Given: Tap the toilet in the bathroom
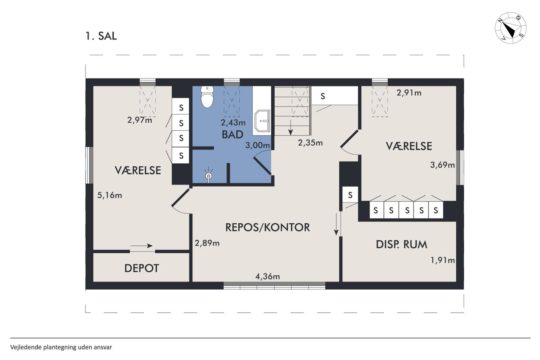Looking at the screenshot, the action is (207, 97).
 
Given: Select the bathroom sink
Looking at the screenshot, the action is (262, 121).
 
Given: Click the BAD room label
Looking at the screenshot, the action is (232, 135).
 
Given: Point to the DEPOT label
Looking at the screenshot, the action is (142, 268).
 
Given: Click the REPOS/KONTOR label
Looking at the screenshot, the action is (267, 227).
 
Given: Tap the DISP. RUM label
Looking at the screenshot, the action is (402, 244).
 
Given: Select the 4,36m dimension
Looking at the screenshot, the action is (267, 276).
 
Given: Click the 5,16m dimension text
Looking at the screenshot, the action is (110, 195).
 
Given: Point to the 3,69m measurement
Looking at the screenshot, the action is (443, 165).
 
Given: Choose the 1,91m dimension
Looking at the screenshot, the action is (443, 260).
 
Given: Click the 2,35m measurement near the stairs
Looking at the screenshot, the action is (310, 143).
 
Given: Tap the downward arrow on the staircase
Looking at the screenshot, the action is (291, 127).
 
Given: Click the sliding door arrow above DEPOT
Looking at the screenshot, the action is (141, 246).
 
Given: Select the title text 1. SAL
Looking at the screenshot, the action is (101, 36).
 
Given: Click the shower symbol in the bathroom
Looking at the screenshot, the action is (209, 176).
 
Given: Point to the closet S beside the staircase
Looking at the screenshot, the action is (323, 96).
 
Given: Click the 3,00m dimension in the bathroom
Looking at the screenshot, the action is (258, 145).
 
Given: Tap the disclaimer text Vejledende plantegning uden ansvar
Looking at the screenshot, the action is (61, 347).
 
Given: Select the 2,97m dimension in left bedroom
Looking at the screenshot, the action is (140, 120).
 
